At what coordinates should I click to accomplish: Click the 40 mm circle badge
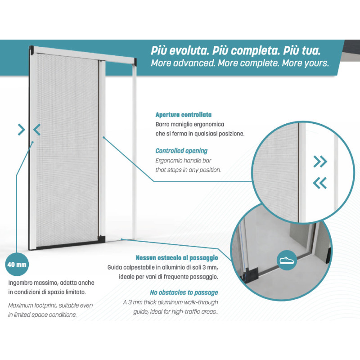pos(17,265)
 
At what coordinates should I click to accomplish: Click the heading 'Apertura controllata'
pos(183,115)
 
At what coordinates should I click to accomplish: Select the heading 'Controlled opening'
pos(181,151)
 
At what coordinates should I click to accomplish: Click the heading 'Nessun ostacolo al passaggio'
pos(177,258)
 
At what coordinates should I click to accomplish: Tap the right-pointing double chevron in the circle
pos(320,161)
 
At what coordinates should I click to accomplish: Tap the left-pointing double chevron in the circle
pos(319,182)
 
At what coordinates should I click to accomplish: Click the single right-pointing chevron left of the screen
pos(21,130)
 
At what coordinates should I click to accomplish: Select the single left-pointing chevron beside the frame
pos(37,130)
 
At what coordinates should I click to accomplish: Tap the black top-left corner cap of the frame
pos(32,49)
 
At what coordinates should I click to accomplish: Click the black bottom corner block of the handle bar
pos(102,237)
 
